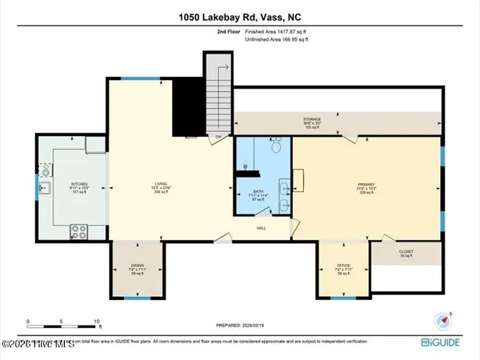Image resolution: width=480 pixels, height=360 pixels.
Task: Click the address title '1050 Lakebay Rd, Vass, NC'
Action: pyautogui.click(x=239, y=16)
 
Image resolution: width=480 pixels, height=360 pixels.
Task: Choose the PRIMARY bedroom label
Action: pyautogui.click(x=366, y=189)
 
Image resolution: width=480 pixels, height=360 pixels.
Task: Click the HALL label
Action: pyautogui.click(x=261, y=228)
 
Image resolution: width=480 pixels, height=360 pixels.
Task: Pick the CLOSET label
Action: pyautogui.click(x=406, y=253)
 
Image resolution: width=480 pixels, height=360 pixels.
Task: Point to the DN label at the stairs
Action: pyautogui.click(x=218, y=138)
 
